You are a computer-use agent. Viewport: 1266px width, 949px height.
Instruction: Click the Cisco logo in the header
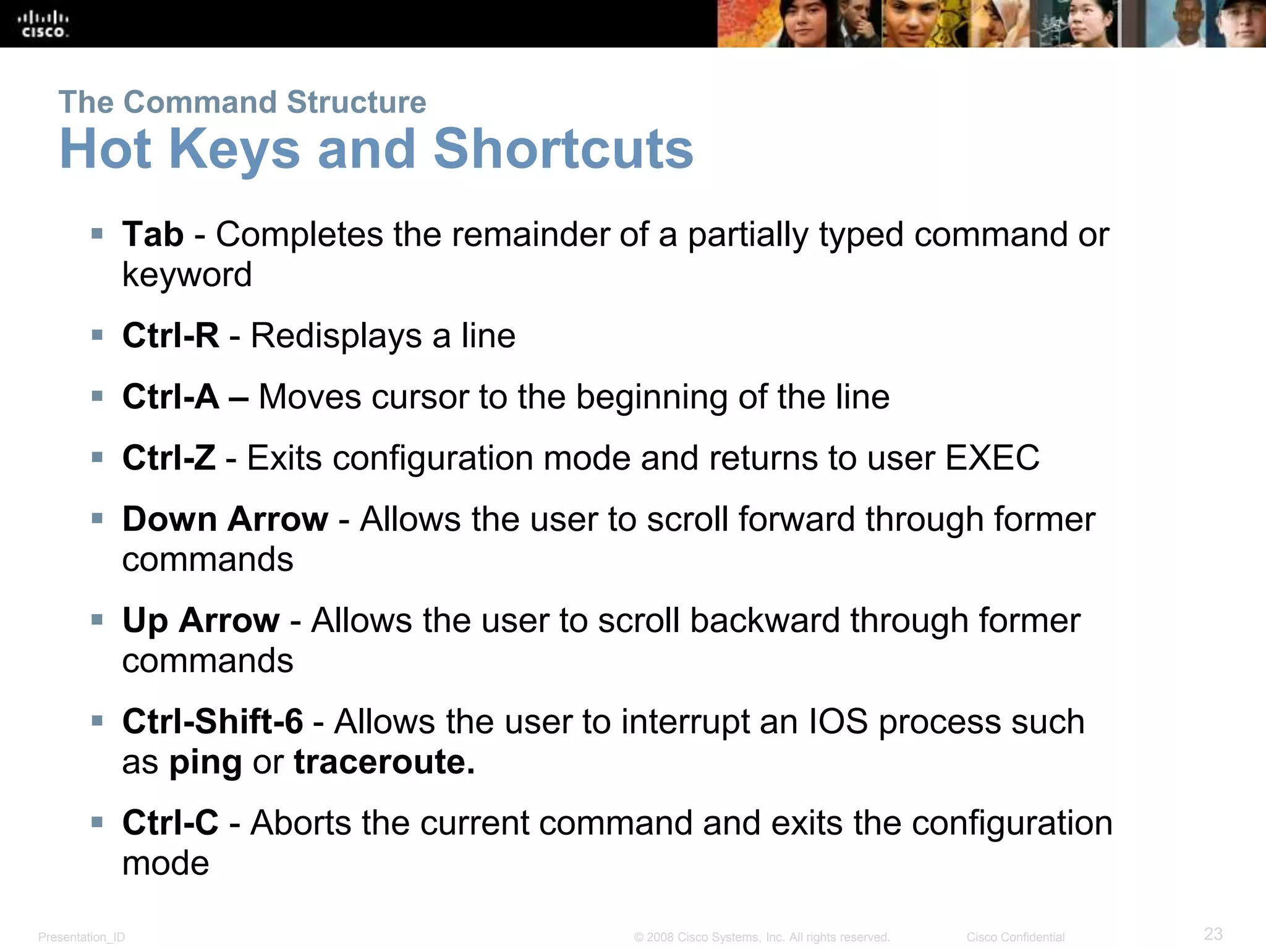point(43,24)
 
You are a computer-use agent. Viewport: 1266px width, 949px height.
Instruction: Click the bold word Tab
point(153,235)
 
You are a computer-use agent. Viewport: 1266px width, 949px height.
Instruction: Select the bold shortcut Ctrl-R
point(171,335)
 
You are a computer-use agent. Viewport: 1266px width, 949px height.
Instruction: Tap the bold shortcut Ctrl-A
point(171,397)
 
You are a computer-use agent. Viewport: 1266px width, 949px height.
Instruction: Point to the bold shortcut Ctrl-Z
point(169,458)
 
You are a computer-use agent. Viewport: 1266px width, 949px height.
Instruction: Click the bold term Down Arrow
point(225,519)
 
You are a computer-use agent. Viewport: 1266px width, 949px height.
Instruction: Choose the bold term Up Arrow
point(201,620)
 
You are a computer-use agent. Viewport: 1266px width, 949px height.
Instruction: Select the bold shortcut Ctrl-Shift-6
point(213,722)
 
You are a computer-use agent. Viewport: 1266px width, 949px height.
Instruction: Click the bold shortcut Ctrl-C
point(171,823)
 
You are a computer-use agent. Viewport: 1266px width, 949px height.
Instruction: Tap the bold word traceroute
point(384,762)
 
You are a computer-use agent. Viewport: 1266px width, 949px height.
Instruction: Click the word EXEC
point(992,458)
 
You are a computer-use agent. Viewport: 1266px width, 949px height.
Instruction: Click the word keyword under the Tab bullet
point(187,275)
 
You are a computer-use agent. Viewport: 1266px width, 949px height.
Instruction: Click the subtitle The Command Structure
point(242,102)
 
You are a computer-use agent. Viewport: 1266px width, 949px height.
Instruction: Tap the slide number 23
point(1213,934)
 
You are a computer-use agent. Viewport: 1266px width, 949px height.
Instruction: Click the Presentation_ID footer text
point(82,937)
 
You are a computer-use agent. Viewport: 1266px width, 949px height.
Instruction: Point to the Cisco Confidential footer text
point(1015,937)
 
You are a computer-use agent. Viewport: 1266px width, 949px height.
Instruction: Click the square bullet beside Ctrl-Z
point(97,457)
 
